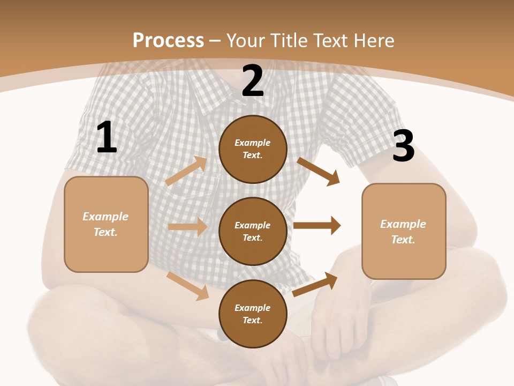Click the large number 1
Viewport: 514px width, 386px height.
point(107,138)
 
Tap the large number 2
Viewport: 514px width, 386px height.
point(253,81)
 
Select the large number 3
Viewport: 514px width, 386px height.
point(404,146)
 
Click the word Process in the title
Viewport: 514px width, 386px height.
point(168,41)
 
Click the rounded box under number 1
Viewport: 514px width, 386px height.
point(106,224)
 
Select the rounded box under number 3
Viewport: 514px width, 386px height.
point(404,231)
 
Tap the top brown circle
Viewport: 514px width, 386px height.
point(253,149)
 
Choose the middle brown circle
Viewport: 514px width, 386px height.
point(253,231)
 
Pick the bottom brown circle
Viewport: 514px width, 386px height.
point(253,314)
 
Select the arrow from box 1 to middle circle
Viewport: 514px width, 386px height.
point(187,227)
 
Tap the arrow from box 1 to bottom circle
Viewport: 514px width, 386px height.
point(188,286)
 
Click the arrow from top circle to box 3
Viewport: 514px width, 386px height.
point(319,171)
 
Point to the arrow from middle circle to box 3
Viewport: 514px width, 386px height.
point(317,225)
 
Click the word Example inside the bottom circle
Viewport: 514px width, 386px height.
point(252,308)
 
